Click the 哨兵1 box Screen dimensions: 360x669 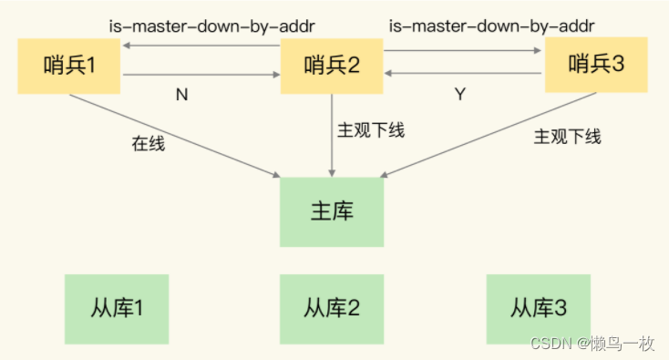click(70, 65)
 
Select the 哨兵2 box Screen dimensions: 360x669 click(331, 65)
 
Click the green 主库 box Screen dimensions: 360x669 click(332, 212)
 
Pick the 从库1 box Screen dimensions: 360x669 click(116, 307)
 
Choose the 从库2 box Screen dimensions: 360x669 click(332, 307)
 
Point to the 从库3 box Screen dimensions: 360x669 click(540, 307)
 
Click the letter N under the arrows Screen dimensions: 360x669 click(181, 95)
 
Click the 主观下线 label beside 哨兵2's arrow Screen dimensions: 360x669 click(371, 129)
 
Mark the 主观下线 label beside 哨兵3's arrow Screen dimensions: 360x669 click(567, 137)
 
